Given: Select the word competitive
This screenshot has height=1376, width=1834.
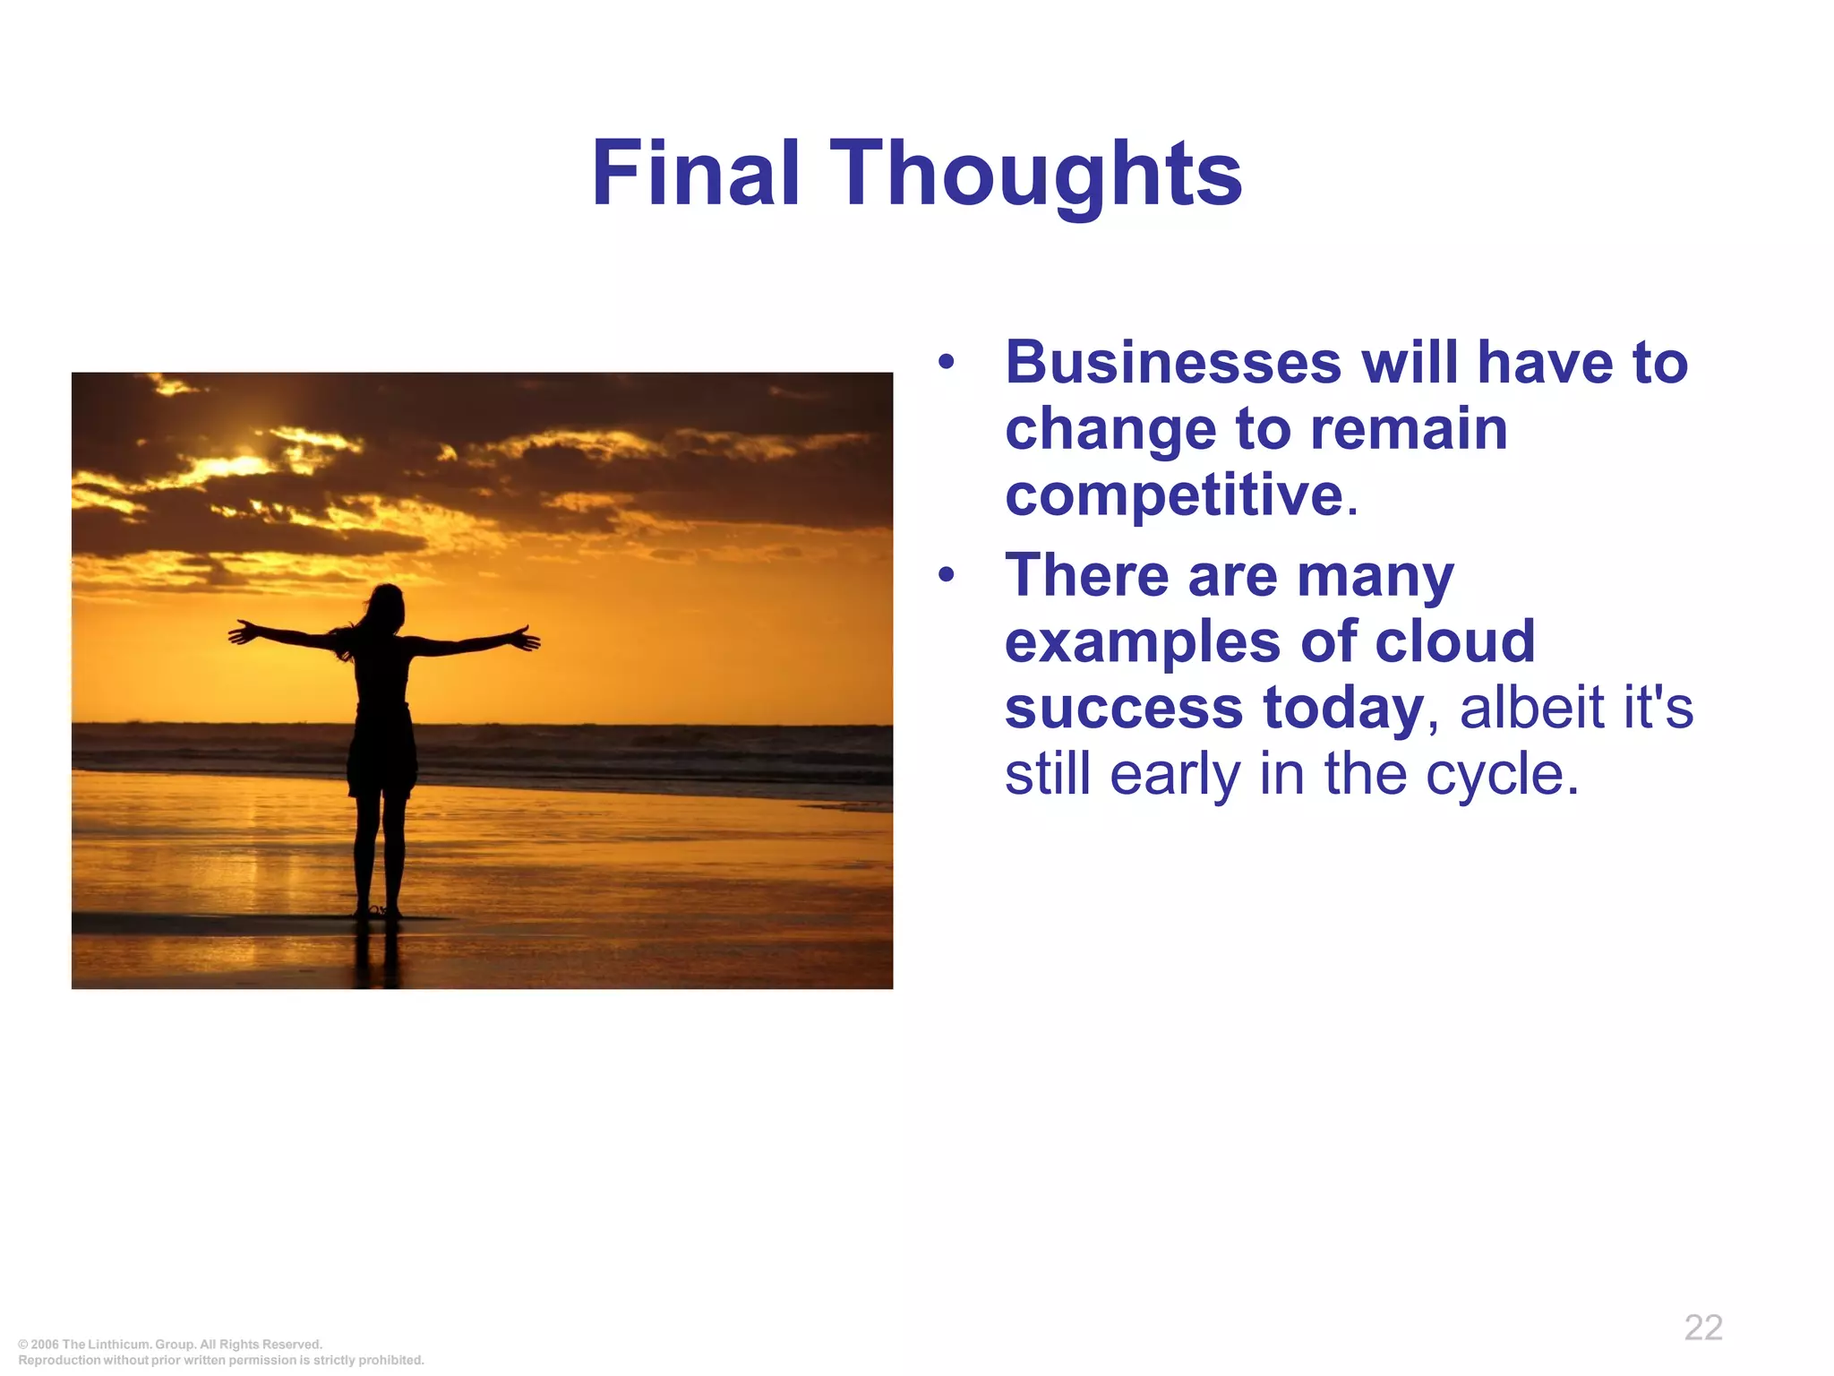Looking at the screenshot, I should point(1174,495).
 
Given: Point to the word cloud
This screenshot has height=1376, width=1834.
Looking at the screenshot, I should point(1454,641).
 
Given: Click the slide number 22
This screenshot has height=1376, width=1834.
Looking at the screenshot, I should point(1703,1328).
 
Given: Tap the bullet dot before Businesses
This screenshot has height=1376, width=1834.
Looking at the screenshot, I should point(947,364).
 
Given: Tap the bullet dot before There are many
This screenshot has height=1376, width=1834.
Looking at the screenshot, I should point(947,575).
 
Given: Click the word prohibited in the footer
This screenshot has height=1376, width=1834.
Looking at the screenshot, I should point(391,1360).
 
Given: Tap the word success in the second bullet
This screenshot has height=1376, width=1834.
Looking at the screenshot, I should point(1123,708).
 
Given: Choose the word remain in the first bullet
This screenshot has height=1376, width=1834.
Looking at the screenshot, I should point(1409,429).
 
